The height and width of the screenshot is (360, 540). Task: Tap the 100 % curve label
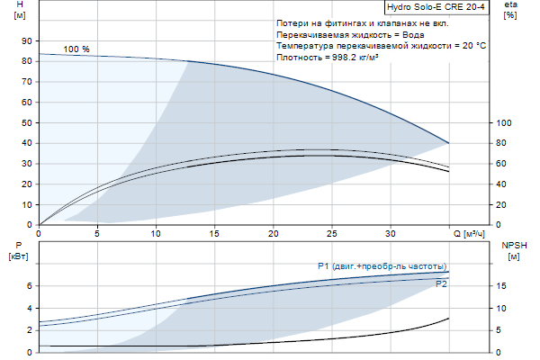(x=77, y=49)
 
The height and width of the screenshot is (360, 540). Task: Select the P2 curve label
(x=441, y=284)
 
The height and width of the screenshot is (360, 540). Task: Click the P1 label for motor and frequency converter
(x=382, y=266)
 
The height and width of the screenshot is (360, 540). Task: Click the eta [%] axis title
(x=510, y=10)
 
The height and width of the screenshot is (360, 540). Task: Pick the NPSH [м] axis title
(x=513, y=251)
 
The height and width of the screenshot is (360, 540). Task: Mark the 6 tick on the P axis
(x=28, y=286)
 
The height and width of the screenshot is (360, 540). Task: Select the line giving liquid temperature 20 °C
(x=382, y=44)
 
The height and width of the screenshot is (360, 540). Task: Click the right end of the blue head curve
(x=448, y=143)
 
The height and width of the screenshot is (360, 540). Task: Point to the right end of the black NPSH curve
(x=448, y=319)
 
